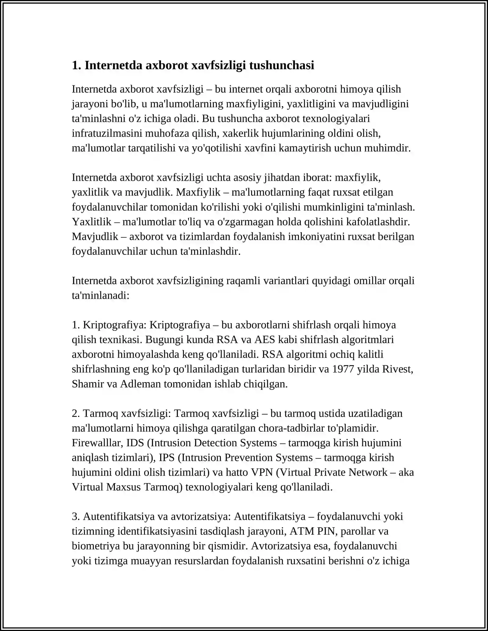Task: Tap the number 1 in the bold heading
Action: [x=75, y=66]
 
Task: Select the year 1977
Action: [x=343, y=369]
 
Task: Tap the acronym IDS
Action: [x=135, y=443]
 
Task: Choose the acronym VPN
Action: [x=262, y=472]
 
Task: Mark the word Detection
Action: [x=215, y=443]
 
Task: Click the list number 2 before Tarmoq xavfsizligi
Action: [x=75, y=414]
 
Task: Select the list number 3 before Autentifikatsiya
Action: [x=75, y=517]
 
